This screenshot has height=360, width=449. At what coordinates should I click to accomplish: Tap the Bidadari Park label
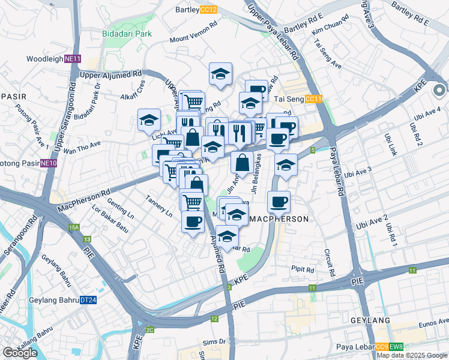127,34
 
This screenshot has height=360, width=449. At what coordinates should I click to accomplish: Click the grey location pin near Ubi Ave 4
439,91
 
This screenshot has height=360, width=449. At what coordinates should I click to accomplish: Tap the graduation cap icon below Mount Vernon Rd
220,74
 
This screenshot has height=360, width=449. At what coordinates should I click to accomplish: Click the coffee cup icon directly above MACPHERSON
278,202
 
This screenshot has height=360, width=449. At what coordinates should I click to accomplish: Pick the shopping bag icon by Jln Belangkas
241,162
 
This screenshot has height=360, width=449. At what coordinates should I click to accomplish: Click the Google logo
20,353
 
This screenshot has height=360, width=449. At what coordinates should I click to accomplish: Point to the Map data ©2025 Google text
412,356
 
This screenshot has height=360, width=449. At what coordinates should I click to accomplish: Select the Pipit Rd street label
303,269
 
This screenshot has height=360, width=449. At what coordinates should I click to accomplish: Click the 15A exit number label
74,228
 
